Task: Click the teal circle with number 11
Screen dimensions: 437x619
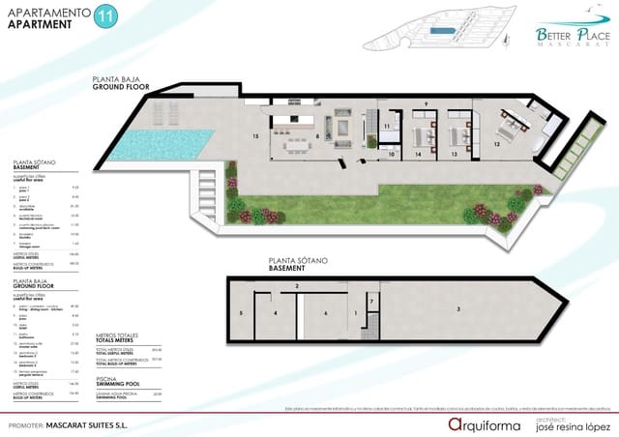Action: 104,18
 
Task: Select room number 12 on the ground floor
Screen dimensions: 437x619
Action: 497,143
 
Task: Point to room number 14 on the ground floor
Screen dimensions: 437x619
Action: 418,154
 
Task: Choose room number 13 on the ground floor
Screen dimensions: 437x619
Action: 454,154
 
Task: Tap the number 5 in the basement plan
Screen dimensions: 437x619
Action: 241,314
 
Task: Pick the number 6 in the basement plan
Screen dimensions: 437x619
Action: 326,313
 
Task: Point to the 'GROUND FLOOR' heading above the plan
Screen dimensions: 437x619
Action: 118,86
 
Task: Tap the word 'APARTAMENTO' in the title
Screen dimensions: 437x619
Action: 44,13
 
